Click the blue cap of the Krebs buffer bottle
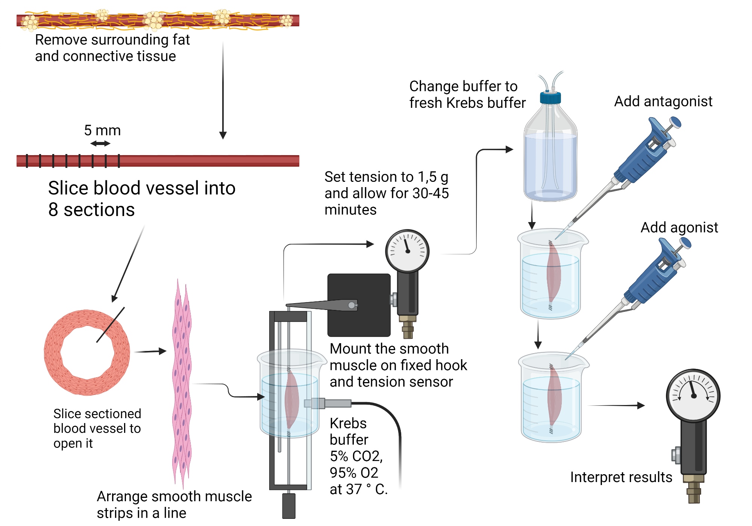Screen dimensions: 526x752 click(x=550, y=98)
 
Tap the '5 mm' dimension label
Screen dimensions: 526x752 click(x=102, y=130)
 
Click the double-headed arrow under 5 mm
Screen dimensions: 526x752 click(x=100, y=143)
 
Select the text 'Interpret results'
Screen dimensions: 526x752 click(x=621, y=477)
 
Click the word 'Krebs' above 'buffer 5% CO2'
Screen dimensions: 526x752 click(x=348, y=423)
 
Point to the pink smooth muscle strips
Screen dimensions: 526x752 click(x=182, y=383)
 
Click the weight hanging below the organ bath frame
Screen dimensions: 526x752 click(x=289, y=506)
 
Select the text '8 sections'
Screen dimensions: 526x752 click(x=91, y=210)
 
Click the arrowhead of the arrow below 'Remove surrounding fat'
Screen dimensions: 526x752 click(x=223, y=135)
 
